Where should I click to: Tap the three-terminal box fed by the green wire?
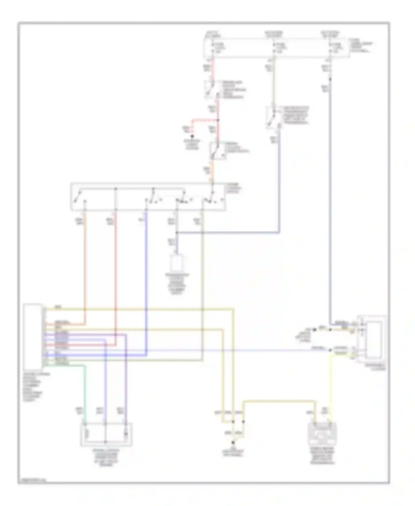click(106, 434)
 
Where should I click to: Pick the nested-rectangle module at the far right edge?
click(372, 339)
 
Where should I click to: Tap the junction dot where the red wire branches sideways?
click(217, 120)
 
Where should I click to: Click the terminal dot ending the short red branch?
click(193, 136)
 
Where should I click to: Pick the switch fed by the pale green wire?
click(273, 117)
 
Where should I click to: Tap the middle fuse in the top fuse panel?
click(274, 48)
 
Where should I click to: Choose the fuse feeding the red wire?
click(212, 48)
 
